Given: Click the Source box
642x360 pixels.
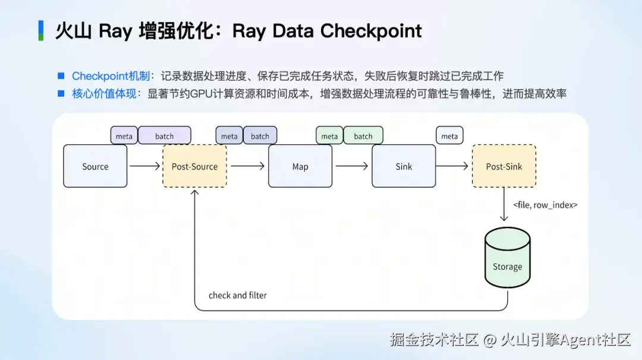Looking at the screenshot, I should (x=95, y=166).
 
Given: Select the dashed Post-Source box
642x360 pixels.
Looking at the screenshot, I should (x=194, y=166).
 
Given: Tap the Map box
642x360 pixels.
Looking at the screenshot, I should (x=300, y=166).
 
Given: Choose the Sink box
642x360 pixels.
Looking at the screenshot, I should (x=404, y=166).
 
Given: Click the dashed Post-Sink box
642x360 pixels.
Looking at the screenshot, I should (x=504, y=166).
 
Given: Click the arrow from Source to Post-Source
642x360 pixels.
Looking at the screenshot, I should (x=144, y=166).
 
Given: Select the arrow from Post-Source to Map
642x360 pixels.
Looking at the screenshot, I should (x=247, y=166).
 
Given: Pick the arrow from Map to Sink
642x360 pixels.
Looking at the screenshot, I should (x=352, y=166).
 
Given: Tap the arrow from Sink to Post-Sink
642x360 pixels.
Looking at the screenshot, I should (x=454, y=166).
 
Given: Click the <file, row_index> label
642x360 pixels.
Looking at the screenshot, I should (x=545, y=205).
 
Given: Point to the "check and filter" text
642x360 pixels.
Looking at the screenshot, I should (x=238, y=295).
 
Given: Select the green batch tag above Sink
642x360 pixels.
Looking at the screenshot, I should (x=363, y=136).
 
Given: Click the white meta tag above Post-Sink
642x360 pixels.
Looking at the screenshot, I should (x=449, y=136).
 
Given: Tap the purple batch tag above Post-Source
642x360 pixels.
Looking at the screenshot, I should (x=165, y=136).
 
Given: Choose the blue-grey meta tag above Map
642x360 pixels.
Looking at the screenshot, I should (x=229, y=136).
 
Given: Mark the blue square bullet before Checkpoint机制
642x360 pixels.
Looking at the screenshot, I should (x=61, y=76).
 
